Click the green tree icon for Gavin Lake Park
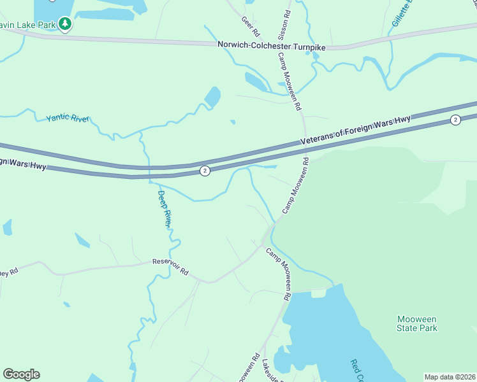coord(64,24)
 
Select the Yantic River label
coord(68,118)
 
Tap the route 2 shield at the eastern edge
coord(455,120)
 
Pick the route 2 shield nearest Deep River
coord(204,171)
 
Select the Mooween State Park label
coord(417,323)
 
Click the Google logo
coord(21,374)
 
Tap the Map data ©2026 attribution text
coord(450,377)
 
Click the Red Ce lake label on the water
coord(356,370)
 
